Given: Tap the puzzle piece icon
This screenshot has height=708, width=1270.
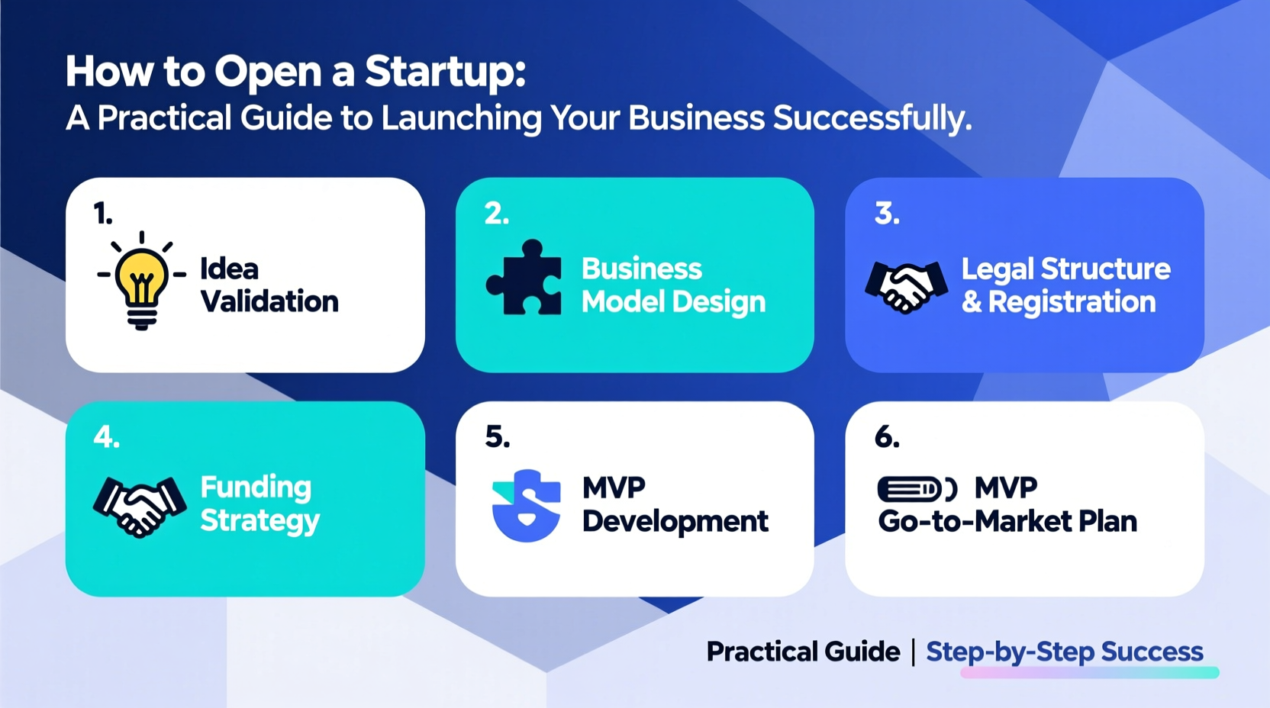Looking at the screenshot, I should (525, 278).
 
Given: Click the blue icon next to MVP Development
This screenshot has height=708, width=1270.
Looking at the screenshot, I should (526, 506).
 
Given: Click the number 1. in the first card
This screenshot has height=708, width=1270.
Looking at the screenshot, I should (103, 214).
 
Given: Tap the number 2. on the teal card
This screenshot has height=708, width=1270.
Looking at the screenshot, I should (497, 214).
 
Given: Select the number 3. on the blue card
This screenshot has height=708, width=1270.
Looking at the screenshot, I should (887, 214).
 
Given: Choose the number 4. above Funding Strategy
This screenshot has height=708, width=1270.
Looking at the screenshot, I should (106, 437).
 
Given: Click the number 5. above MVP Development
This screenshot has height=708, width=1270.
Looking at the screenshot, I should (497, 437).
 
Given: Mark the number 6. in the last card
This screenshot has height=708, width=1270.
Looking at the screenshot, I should (887, 437).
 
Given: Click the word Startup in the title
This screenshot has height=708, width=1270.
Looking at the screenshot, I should (444, 72).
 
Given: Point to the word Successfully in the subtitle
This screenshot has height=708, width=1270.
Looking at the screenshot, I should (872, 118).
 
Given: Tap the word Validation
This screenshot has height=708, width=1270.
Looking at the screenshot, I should (269, 301).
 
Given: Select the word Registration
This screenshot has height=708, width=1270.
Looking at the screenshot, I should (1072, 302).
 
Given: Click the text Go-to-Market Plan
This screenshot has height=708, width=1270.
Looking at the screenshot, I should (1007, 522).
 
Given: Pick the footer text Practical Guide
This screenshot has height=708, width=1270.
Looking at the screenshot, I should (803, 652).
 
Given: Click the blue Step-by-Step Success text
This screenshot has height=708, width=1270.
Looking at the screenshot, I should (1064, 652).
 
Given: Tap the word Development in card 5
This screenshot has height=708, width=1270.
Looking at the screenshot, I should (675, 522).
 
